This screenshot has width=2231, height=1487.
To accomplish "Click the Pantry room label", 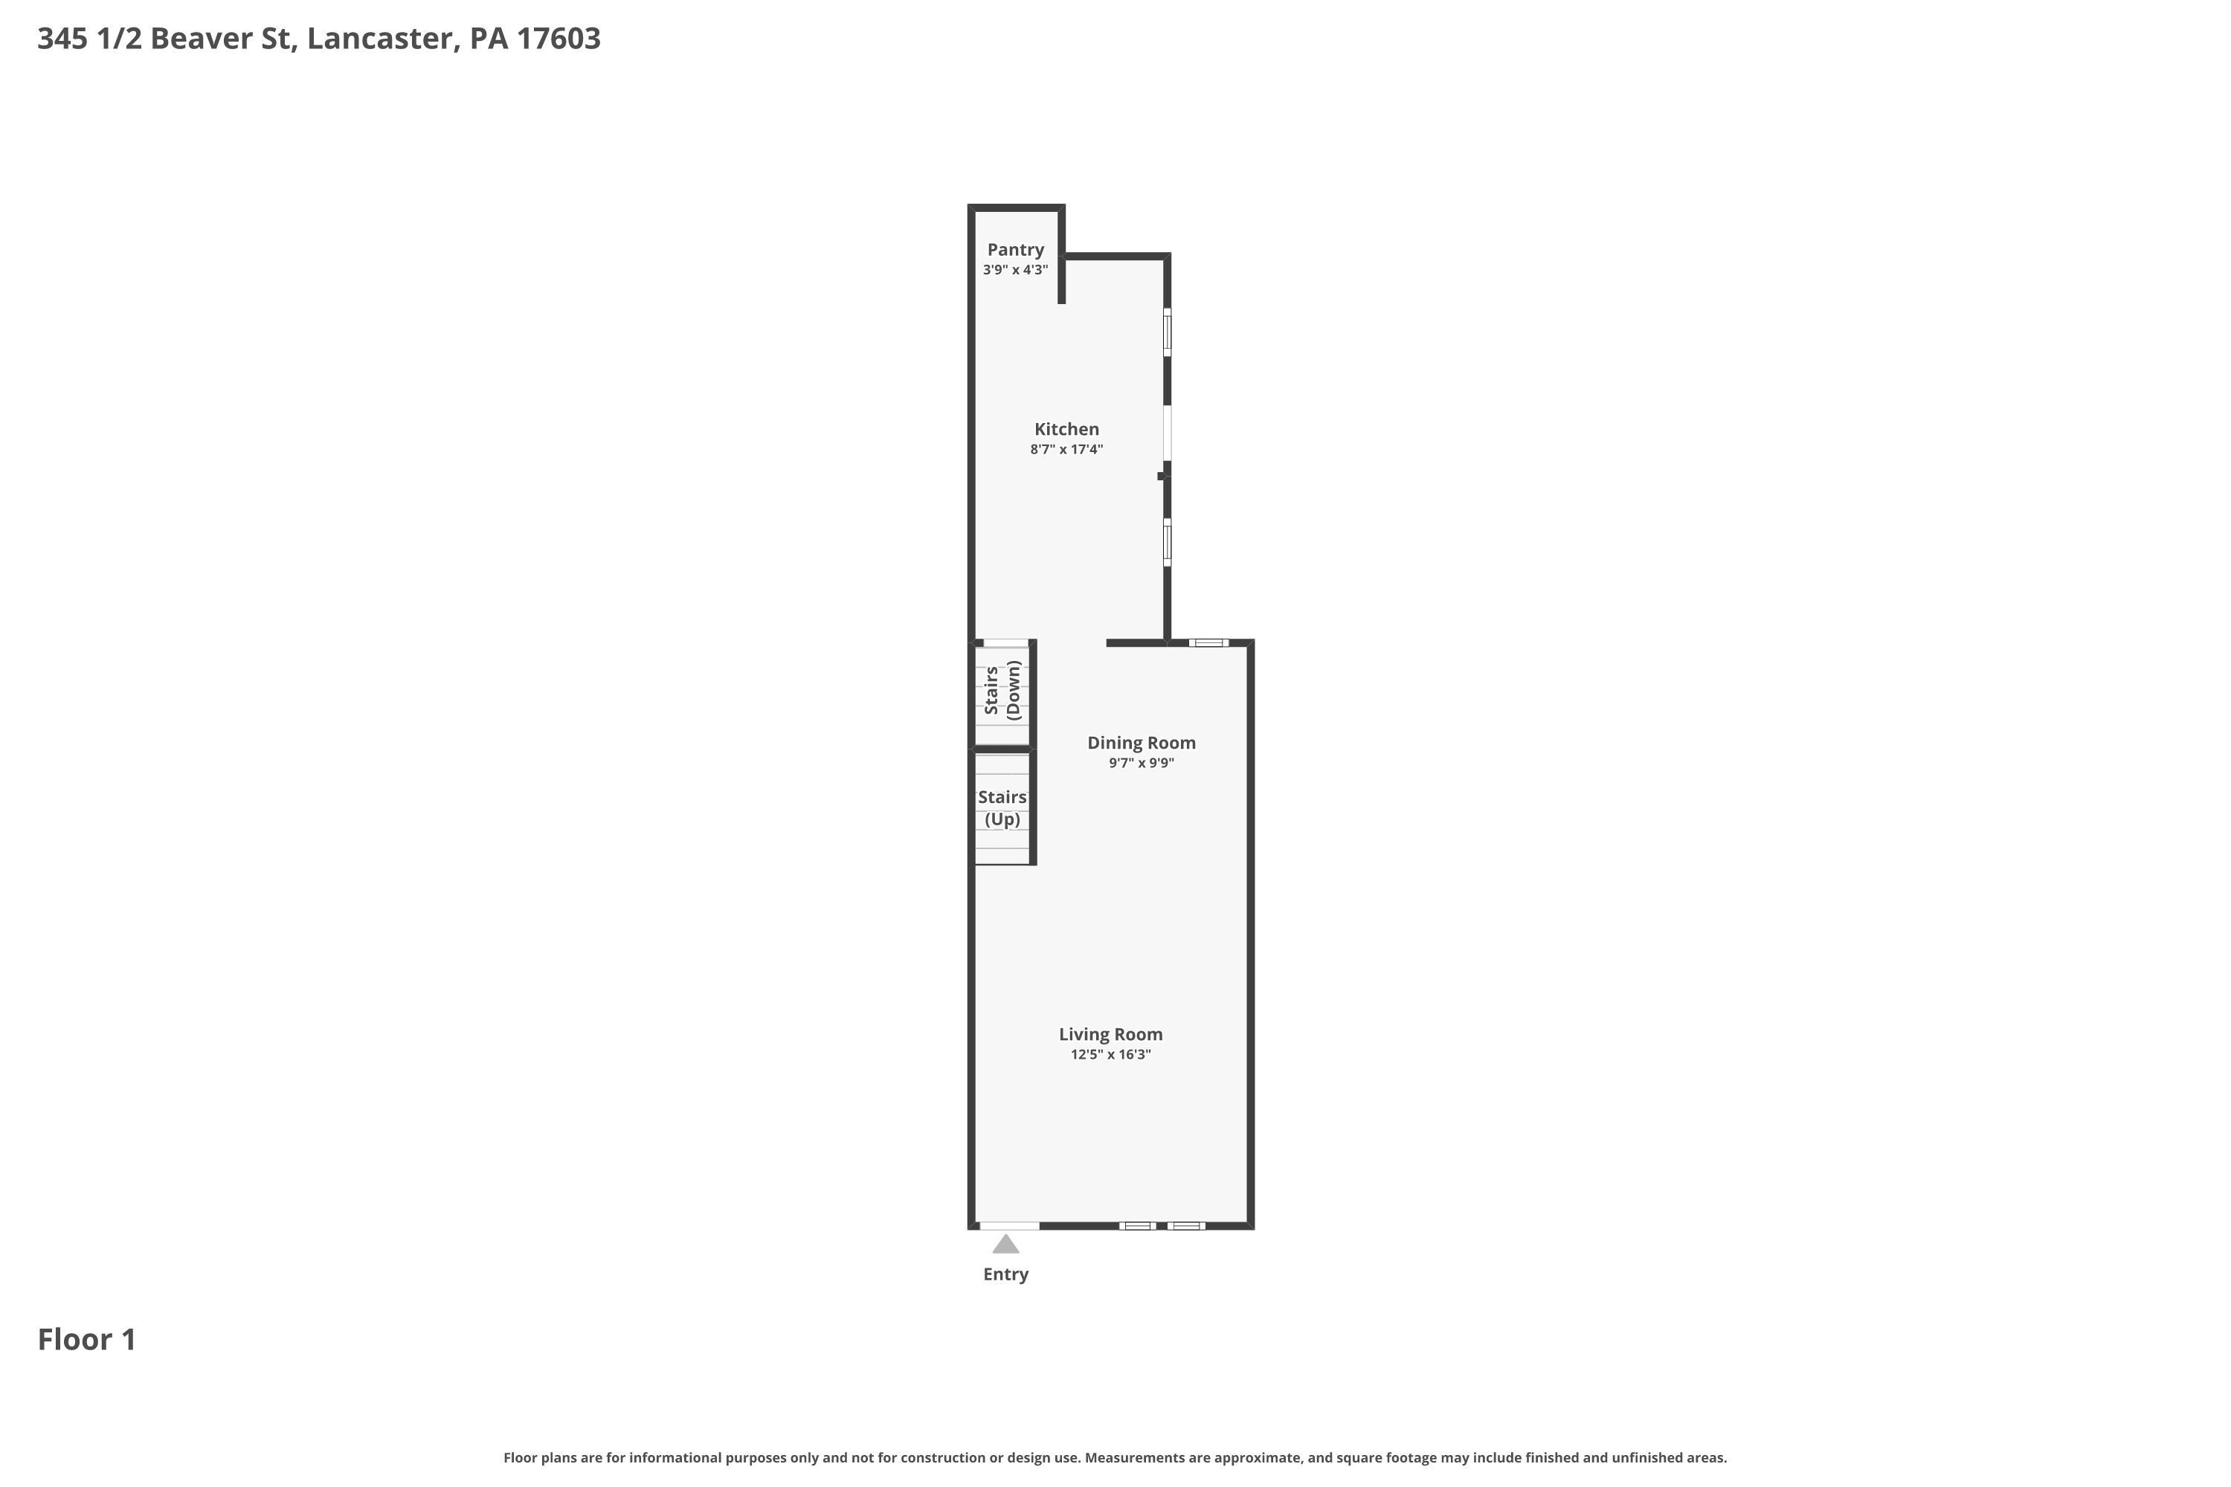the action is tap(1015, 249).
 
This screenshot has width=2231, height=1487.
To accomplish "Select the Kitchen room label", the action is tap(1066, 429).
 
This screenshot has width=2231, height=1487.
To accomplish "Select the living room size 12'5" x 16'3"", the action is tap(1111, 1054).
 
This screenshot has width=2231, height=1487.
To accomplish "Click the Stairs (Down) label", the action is tap(1002, 691).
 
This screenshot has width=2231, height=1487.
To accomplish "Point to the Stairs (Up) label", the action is tap(1002, 808).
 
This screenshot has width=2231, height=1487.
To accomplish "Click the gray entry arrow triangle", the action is tap(1005, 1243).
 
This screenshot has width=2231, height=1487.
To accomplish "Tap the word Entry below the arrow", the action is tap(1005, 1274).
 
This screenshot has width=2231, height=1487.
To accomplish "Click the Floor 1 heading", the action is tap(87, 1339).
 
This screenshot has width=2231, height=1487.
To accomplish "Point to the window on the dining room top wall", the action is tap(1208, 643).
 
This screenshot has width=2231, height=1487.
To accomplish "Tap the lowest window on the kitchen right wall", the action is tap(1168, 543).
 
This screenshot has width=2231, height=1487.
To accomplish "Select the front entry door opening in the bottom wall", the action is tap(1009, 1226).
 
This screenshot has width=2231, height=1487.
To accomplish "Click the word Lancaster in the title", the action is tap(379, 38).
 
